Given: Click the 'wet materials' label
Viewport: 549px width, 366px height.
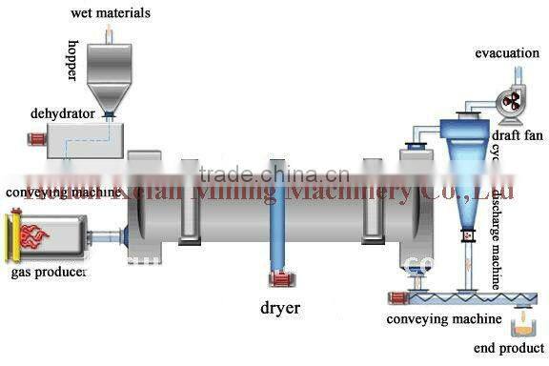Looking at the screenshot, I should [110, 13].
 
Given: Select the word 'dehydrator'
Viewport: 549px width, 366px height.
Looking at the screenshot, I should [62, 113].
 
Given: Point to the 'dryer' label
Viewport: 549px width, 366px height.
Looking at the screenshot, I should [280, 307].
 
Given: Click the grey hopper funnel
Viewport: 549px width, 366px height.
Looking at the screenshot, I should [111, 76].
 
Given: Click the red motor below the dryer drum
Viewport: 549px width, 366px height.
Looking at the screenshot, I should [279, 278].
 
